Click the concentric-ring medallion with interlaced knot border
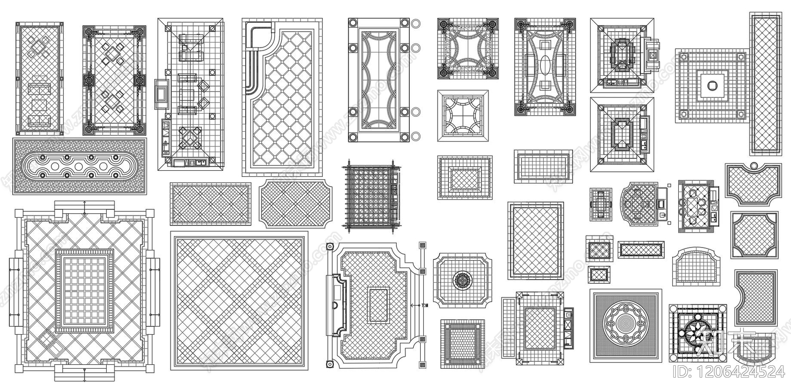click(625, 324)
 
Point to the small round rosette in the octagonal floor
click(463, 280)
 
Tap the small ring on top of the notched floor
click(753, 165)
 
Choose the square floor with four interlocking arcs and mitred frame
click(463, 116)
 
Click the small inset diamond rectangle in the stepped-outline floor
click(379, 304)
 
